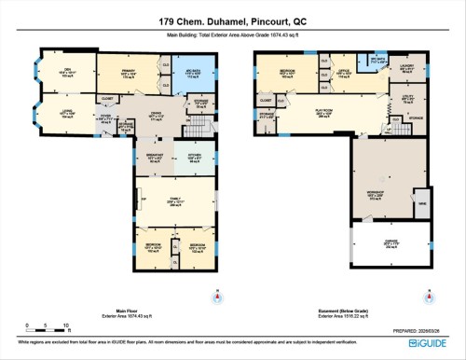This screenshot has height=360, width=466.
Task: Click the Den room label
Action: pyautogui.click(x=65, y=70)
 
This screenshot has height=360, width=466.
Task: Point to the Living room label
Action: pyautogui.click(x=66, y=114)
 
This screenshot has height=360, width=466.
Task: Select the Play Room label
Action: pyautogui.click(x=331, y=115)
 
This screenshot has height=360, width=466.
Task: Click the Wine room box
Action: pyautogui.click(x=422, y=202)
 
